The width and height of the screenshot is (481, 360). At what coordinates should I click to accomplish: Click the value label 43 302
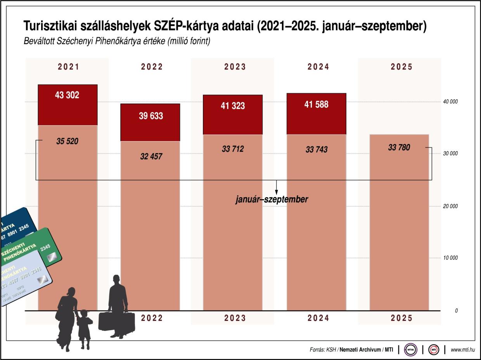point(67,95)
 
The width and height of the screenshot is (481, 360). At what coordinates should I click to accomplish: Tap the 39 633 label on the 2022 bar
point(151,115)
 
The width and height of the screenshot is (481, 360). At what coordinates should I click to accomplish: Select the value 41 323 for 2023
point(233,105)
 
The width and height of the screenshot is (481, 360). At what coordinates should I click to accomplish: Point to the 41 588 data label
point(316,105)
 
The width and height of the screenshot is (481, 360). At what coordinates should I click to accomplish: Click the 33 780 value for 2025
point(399,147)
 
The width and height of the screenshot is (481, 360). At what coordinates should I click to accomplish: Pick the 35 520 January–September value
point(67,141)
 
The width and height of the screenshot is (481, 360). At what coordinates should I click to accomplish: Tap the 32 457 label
point(151,157)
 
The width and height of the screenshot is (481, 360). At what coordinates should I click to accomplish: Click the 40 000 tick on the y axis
point(451,102)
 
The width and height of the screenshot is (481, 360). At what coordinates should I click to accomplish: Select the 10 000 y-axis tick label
point(451,258)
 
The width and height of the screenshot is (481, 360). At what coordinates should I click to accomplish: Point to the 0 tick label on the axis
point(457,311)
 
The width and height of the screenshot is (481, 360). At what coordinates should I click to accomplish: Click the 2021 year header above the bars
point(68,67)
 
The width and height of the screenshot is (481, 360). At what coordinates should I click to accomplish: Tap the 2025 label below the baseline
point(401,318)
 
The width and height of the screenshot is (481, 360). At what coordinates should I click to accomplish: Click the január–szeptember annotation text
point(272,200)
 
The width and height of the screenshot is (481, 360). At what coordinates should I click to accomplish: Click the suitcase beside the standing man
point(116,322)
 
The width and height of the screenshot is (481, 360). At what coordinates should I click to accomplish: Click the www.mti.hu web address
point(463,350)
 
